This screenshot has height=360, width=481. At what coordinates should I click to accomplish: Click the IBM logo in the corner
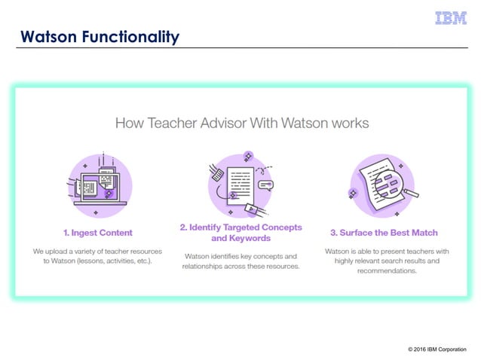tap(451, 18)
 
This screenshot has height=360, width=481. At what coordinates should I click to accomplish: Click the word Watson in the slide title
tap(47, 36)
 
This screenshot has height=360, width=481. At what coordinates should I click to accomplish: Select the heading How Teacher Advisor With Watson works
tap(241, 122)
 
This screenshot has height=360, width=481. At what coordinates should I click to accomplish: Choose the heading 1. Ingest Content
tap(97, 232)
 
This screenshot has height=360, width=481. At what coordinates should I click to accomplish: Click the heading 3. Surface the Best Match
tap(384, 232)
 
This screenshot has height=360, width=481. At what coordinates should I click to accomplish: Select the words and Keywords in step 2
tap(241, 238)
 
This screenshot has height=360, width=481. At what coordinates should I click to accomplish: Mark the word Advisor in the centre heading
tap(219, 122)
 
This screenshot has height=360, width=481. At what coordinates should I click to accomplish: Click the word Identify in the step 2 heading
tap(210, 227)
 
